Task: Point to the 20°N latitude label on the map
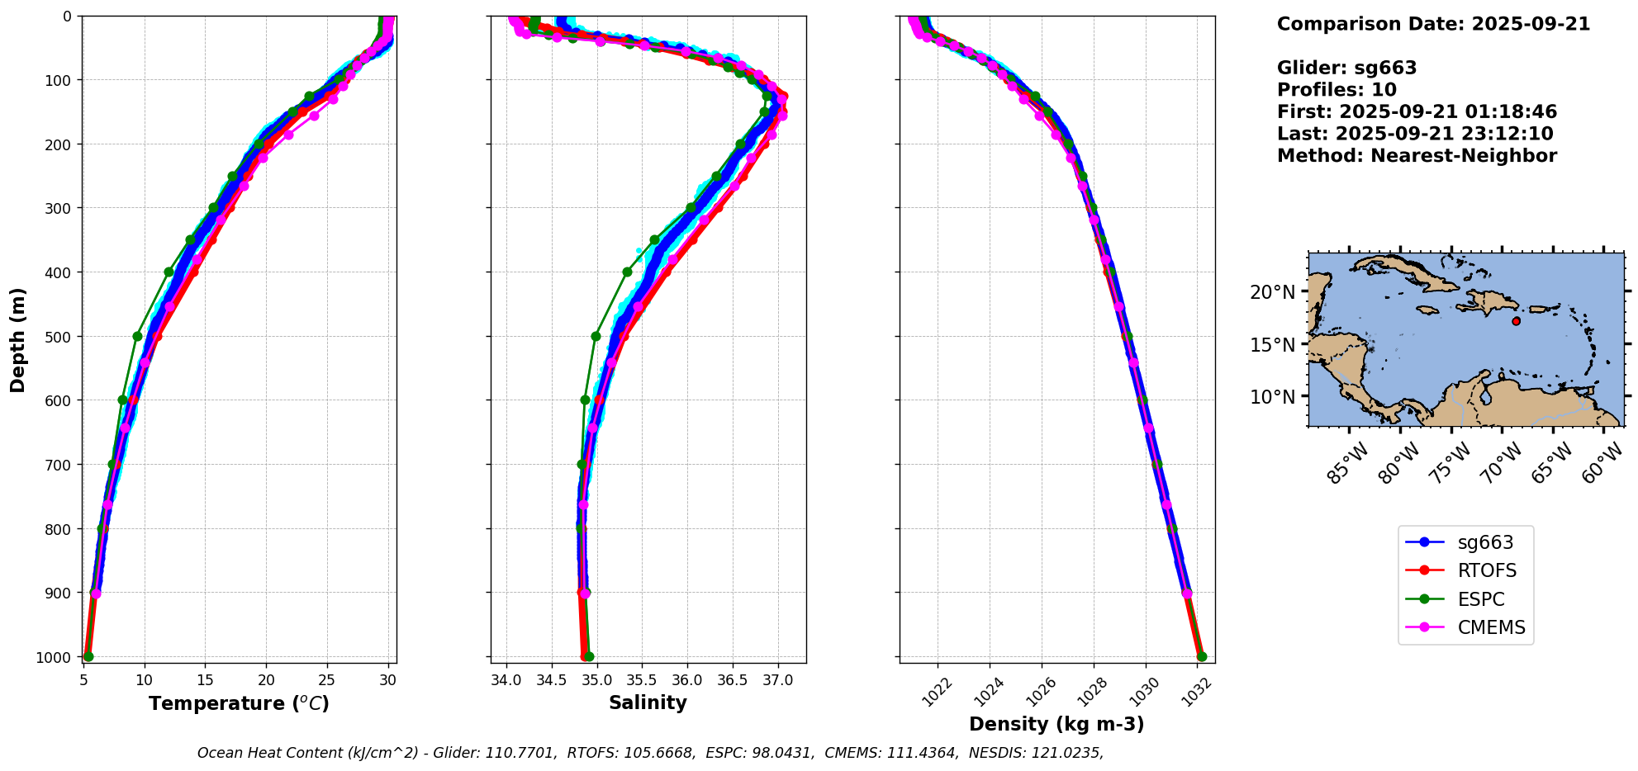(x=1272, y=292)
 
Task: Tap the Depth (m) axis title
(x=18, y=339)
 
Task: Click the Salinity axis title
(x=648, y=702)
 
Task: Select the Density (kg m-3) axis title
(x=1056, y=724)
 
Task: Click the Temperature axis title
(x=239, y=703)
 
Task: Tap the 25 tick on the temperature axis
(x=327, y=680)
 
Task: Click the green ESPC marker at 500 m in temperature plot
(x=137, y=336)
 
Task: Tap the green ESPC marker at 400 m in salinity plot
(x=627, y=272)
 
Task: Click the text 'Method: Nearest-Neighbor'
(x=1417, y=156)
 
